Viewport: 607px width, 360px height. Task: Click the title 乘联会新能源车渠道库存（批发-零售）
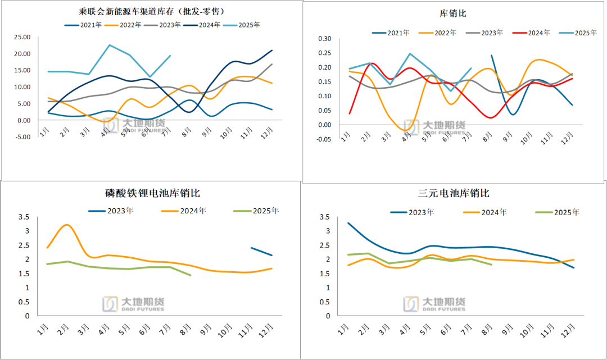pyautogui.click(x=153, y=12)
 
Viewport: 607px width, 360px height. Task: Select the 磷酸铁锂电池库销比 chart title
pyautogui.click(x=152, y=193)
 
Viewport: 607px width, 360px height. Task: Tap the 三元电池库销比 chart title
pyautogui.click(x=454, y=193)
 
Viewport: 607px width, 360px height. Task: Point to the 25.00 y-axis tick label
pyautogui.click(x=22, y=37)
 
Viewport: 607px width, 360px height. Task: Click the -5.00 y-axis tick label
pyautogui.click(x=22, y=137)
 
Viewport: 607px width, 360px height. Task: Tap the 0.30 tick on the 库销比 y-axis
pyautogui.click(x=325, y=39)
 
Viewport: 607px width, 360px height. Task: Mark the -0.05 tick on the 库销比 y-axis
pyautogui.click(x=324, y=139)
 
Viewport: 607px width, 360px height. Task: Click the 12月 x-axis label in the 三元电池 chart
pyautogui.click(x=570, y=327)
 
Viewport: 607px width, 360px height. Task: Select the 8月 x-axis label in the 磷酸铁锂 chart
pyautogui.click(x=190, y=327)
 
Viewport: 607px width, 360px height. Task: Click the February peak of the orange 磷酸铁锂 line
pyautogui.click(x=67, y=225)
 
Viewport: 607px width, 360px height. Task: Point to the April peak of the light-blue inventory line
pyautogui.click(x=110, y=45)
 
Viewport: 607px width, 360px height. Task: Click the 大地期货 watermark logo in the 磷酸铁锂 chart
pyautogui.click(x=133, y=304)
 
